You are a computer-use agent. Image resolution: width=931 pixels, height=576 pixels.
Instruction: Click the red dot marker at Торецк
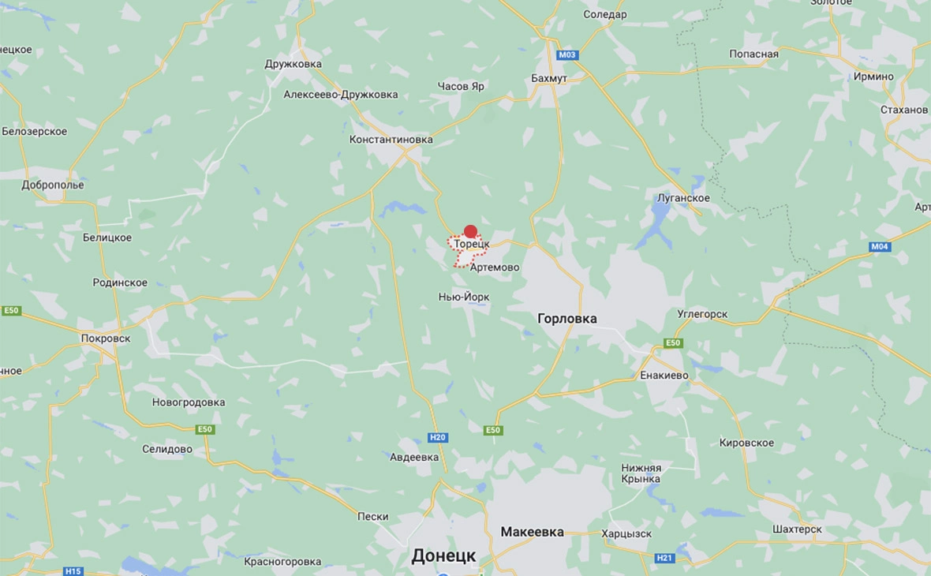click(470, 231)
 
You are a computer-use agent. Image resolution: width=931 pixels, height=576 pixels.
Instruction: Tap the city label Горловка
click(567, 319)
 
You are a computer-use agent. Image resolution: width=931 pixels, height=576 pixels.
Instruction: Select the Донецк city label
click(443, 555)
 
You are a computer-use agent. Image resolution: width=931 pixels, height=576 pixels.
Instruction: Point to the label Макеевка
click(533, 532)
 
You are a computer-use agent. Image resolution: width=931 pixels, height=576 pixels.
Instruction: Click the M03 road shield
click(566, 55)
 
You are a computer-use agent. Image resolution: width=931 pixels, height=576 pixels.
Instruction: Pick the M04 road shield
click(880, 247)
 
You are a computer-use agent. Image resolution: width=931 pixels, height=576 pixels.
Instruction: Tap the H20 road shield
click(438, 437)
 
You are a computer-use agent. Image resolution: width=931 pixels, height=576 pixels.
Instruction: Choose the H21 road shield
click(665, 558)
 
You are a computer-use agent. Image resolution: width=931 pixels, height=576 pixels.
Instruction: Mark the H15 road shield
click(73, 571)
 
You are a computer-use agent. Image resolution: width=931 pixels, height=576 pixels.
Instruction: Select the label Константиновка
click(391, 140)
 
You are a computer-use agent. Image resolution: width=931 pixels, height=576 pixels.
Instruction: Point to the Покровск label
click(106, 338)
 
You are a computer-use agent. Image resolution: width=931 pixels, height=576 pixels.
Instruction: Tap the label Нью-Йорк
click(464, 297)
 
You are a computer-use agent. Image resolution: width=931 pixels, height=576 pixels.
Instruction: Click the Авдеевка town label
click(414, 457)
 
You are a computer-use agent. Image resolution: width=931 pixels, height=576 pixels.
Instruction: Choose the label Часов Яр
click(461, 87)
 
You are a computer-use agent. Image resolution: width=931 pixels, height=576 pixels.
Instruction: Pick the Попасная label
click(753, 54)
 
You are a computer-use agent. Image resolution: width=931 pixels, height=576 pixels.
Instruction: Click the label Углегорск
click(702, 314)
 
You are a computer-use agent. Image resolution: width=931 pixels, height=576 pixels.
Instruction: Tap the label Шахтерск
click(797, 529)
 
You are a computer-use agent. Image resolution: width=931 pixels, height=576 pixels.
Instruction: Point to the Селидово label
click(167, 449)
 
